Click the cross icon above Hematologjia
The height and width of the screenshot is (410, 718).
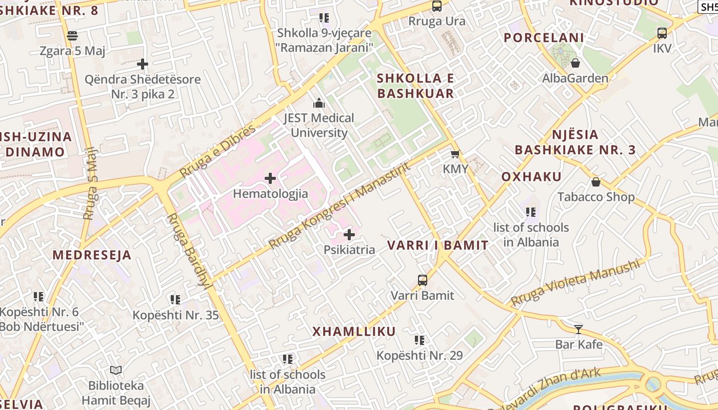[x=270, y=178]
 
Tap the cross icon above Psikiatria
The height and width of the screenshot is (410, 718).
[x=349, y=235]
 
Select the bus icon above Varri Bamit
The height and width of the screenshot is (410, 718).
[x=423, y=280]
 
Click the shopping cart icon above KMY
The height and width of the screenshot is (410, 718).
[x=455, y=154]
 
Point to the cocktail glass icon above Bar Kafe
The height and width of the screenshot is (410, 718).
[x=579, y=329]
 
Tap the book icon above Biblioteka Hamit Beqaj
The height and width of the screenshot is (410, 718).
[x=116, y=370]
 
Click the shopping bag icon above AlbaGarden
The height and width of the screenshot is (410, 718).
[x=575, y=63]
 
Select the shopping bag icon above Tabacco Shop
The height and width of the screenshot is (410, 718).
[x=596, y=182]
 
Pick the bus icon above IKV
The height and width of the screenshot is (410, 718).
[x=662, y=33]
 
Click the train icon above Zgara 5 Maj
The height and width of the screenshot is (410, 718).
[x=72, y=36]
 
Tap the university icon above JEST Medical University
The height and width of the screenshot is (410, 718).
[x=319, y=103]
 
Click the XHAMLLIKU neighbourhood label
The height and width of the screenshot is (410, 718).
[x=354, y=332]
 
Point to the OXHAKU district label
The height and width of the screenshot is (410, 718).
[x=531, y=177]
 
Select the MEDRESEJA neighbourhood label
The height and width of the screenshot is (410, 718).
[x=92, y=255]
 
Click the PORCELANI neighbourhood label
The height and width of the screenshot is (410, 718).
[x=544, y=38]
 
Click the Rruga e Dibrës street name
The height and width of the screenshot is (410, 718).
[x=218, y=151]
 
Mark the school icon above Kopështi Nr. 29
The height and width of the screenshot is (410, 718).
[x=420, y=340]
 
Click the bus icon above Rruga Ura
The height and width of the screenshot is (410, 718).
[x=437, y=6]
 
